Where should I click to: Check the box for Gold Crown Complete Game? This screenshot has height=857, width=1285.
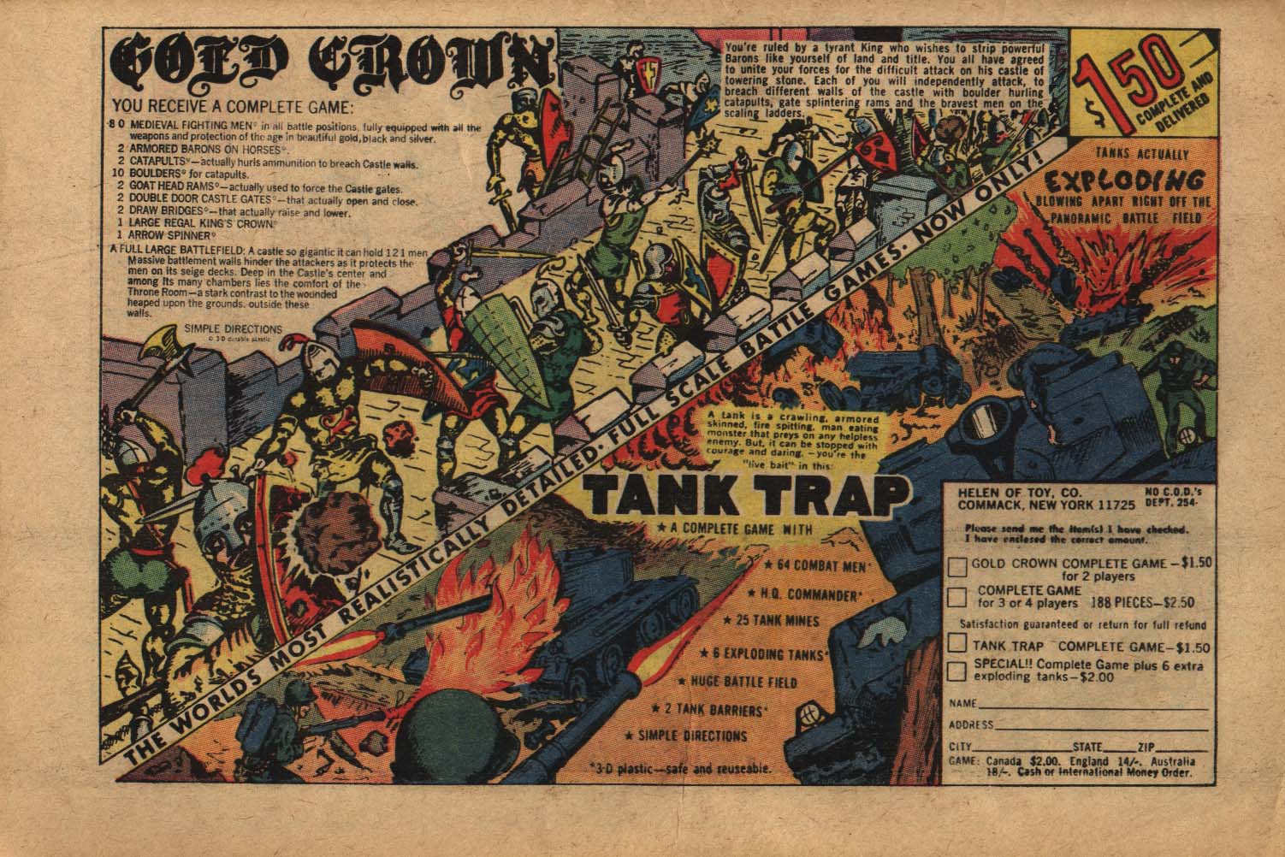click(x=959, y=566)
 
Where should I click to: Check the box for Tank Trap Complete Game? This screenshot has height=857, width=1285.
click(x=959, y=644)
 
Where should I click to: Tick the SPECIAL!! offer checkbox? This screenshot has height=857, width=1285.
click(x=959, y=671)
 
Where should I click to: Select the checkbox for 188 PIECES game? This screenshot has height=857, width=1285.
click(x=959, y=596)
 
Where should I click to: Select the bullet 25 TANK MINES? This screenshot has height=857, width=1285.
click(x=772, y=620)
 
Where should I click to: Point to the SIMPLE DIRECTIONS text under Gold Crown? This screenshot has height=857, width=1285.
click(x=232, y=328)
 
